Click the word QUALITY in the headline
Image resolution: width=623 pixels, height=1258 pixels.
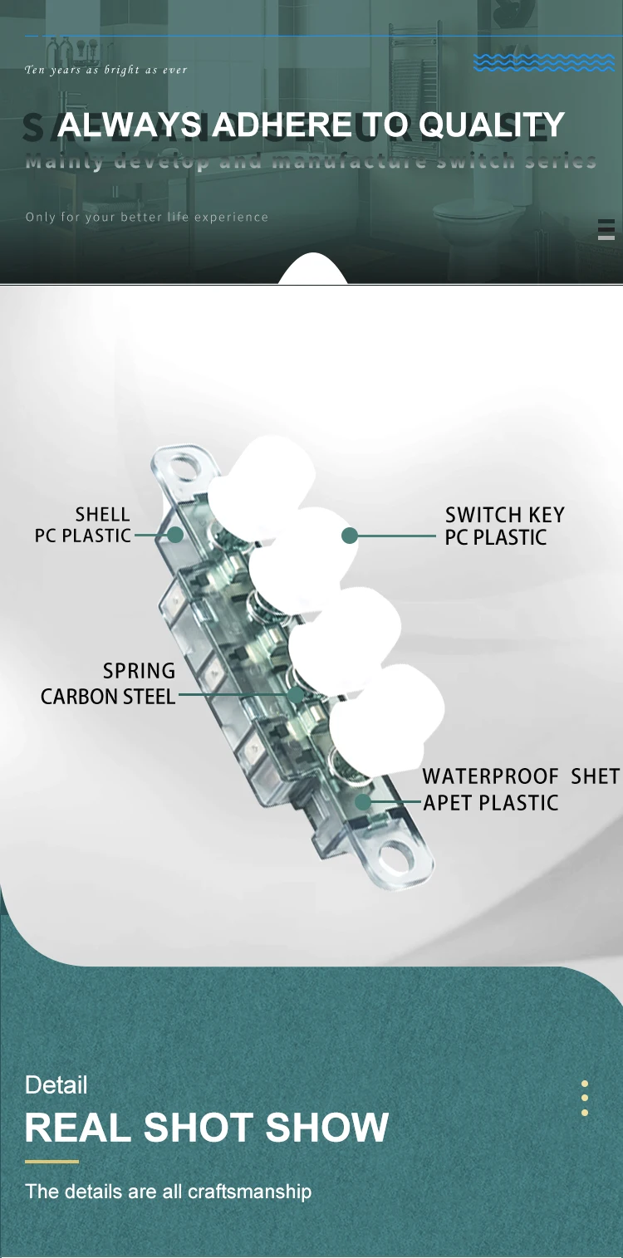pos(492,125)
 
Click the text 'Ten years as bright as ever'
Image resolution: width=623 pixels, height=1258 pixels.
pos(106,71)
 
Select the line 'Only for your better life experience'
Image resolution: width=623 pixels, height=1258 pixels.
pos(147,218)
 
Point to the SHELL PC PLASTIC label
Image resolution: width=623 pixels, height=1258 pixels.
pos(83,526)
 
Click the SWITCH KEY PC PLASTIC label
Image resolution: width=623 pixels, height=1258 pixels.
pos(504,526)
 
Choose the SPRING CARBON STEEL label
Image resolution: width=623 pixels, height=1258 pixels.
pos(108,683)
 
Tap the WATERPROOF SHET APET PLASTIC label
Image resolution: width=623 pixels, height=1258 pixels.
pos(520,789)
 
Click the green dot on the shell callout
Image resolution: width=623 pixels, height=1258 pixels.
pos(175,536)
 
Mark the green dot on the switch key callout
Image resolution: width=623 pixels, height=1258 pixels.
pos(350,536)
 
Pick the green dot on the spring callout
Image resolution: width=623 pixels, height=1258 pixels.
pos(296,695)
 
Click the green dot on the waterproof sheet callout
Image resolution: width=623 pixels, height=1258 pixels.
pos(363,802)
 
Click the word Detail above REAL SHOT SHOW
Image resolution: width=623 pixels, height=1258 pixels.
pos(56,1085)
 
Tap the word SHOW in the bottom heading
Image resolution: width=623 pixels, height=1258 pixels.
pos(327,1128)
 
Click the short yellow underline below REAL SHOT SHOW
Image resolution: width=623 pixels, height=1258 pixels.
pos(52,1162)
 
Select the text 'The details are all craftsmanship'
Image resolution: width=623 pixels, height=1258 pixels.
pos(168,1192)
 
